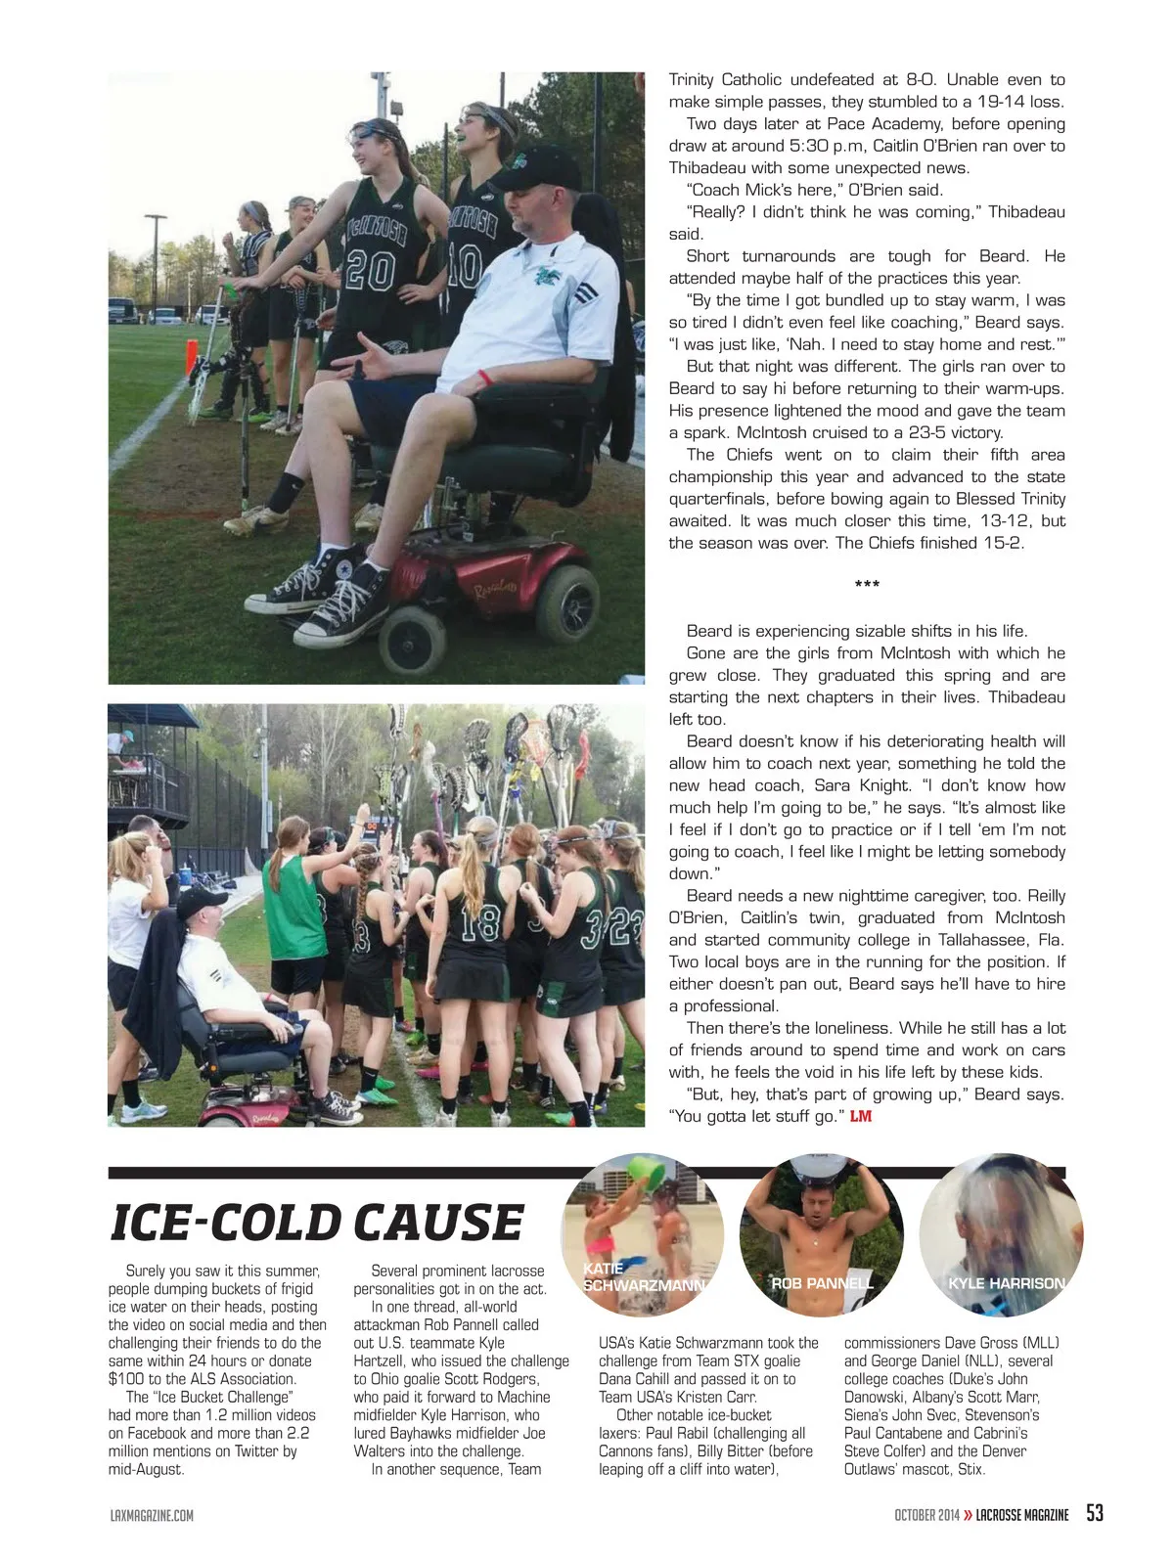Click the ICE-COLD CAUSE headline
(317, 1223)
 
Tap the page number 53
(1094, 1513)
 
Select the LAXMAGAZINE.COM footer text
(152, 1515)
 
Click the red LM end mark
(860, 1116)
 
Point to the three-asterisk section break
(867, 585)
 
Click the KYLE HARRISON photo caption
(1006, 1283)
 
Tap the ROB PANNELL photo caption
(822, 1283)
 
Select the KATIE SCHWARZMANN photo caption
(642, 1277)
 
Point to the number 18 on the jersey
(479, 922)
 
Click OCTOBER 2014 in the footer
(926, 1515)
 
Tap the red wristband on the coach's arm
(485, 377)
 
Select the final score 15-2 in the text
(1002, 543)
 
